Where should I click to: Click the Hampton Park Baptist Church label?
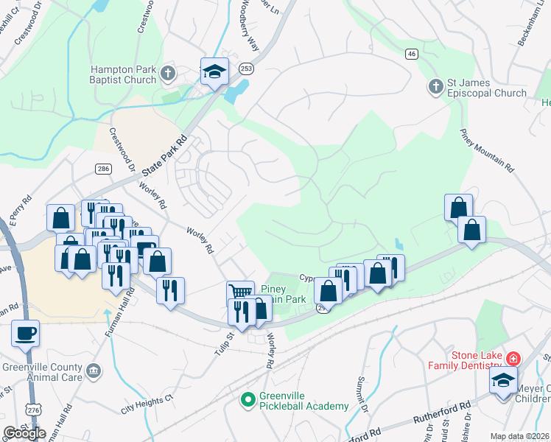click(x=122, y=74)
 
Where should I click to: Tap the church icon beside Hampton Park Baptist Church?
click(x=168, y=74)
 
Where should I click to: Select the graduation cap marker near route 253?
click(x=214, y=71)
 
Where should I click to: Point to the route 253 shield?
click(x=245, y=69)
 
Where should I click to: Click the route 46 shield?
click(x=411, y=53)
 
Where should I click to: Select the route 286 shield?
click(x=102, y=169)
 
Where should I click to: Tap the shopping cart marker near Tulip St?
click(x=240, y=292)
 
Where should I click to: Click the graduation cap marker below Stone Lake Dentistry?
click(x=503, y=381)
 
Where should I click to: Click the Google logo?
click(x=25, y=433)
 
